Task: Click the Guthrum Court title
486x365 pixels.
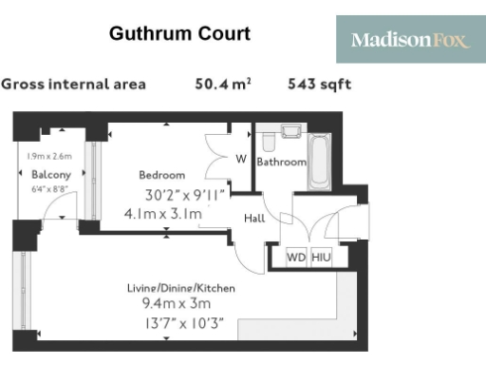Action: (x=179, y=34)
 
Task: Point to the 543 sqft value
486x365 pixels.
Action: (x=319, y=85)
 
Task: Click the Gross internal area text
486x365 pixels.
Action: (x=74, y=85)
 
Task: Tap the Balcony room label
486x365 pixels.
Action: (x=50, y=175)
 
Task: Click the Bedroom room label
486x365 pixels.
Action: (x=161, y=175)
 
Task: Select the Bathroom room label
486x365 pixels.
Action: (x=282, y=163)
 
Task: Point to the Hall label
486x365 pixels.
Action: (x=254, y=218)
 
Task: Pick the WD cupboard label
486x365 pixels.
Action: (x=296, y=257)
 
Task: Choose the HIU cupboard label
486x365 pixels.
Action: (x=323, y=257)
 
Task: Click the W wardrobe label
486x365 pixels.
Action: (x=241, y=159)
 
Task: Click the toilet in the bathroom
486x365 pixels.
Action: (x=269, y=142)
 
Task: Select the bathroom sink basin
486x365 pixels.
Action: (x=291, y=130)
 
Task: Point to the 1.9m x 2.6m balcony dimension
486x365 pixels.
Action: (x=50, y=157)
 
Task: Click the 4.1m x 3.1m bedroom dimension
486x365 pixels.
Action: (x=163, y=214)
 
